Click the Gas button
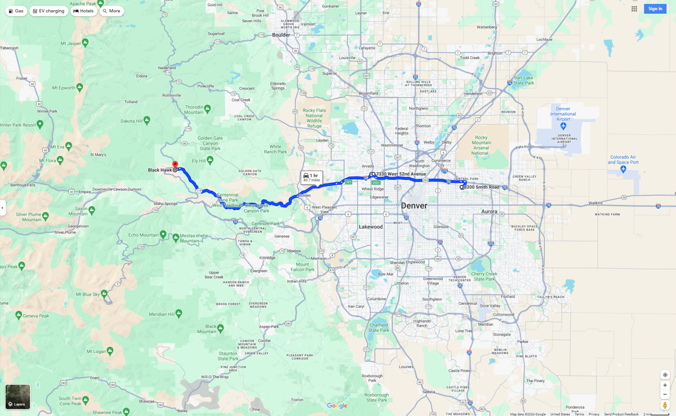click(16, 11)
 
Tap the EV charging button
click(49, 11)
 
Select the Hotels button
click(84, 11)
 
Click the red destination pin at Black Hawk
click(175, 165)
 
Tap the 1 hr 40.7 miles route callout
click(312, 178)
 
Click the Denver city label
click(414, 206)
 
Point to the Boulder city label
click(281, 35)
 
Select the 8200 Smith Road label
click(481, 187)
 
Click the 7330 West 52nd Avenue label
click(401, 174)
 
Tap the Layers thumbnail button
click(18, 397)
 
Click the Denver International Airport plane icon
click(563, 126)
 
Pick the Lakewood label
click(371, 227)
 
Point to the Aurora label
click(489, 212)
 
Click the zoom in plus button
click(665, 385)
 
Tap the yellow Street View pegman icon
click(665, 405)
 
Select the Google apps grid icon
click(634, 9)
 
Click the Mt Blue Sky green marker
click(104, 293)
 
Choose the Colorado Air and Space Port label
click(623, 160)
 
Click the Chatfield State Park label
click(379, 327)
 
